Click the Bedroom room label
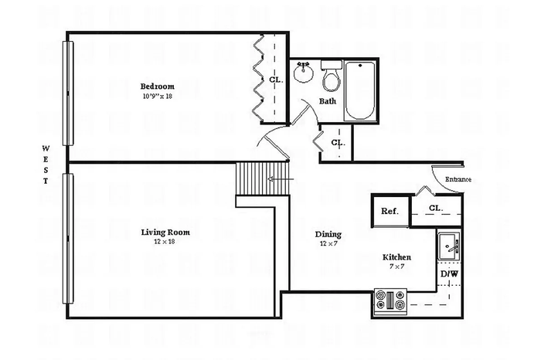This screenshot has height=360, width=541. click(x=158, y=87)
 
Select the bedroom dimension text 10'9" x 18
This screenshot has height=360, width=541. click(x=158, y=97)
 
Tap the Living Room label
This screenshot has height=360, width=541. click(x=165, y=232)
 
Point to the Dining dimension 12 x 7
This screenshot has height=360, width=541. click(x=328, y=243)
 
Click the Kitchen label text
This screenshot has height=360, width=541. click(x=396, y=257)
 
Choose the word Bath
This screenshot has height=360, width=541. click(x=328, y=101)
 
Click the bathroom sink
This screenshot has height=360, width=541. click(x=303, y=72)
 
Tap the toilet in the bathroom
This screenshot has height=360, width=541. click(x=332, y=76)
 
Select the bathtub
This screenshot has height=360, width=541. click(x=360, y=90)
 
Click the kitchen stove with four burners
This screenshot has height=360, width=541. click(x=390, y=301)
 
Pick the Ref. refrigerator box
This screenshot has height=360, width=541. click(x=390, y=211)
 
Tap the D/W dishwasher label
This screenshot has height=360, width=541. click(x=450, y=274)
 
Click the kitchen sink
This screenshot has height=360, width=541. click(x=449, y=246)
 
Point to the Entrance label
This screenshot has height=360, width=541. click(x=458, y=179)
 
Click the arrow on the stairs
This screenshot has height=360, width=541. click(x=281, y=179)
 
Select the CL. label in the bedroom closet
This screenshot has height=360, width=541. click(x=276, y=80)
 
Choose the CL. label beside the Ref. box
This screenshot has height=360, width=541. click(x=436, y=208)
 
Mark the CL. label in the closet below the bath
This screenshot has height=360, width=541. click(x=339, y=142)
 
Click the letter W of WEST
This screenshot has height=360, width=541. click(x=46, y=148)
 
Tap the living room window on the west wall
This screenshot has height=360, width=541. click(x=68, y=239)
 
